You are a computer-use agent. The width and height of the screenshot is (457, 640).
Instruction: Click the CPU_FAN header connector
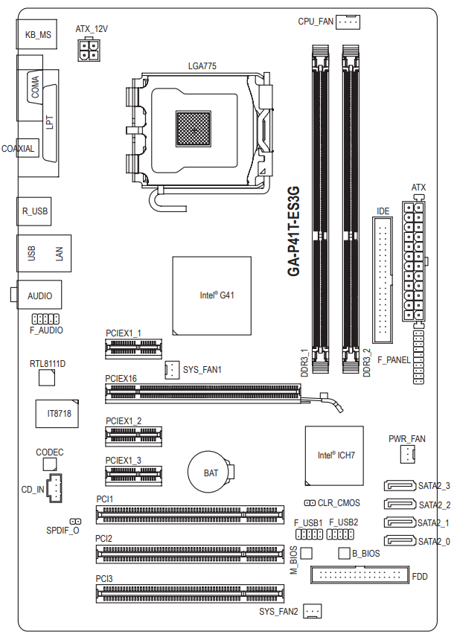tap(348, 22)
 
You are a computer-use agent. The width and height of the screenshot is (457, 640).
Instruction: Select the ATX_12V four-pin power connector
tap(89, 50)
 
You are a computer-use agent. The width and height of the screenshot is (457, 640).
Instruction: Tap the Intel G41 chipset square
tap(211, 296)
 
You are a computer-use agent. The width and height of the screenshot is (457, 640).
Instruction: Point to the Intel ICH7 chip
tap(334, 455)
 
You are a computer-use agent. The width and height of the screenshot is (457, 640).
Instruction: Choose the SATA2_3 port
tap(400, 486)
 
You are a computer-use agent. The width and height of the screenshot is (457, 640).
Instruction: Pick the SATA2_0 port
tap(400, 541)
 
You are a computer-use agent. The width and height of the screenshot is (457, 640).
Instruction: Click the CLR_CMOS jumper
tap(310, 503)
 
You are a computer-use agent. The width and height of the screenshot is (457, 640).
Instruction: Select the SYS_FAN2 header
tap(313, 611)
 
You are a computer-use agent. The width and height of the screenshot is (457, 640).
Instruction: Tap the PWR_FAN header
tap(407, 454)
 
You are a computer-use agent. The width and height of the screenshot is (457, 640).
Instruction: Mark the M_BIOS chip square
tap(307, 553)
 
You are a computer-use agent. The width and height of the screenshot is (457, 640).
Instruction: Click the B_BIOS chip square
tap(345, 553)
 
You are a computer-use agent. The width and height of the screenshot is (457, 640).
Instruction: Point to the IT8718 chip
tap(57, 414)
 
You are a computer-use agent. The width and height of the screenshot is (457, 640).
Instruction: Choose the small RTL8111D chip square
tap(47, 377)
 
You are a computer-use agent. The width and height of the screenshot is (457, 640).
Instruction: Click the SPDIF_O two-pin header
tap(76, 521)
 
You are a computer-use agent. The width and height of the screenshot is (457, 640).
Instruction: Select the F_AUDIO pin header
tap(45, 319)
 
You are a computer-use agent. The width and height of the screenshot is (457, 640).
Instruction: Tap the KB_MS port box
tap(36, 34)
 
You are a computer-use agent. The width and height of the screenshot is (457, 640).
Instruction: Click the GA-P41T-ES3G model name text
tap(294, 231)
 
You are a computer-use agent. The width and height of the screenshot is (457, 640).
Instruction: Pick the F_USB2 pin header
tap(340, 534)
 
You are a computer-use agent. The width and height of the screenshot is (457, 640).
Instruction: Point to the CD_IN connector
tap(54, 487)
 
